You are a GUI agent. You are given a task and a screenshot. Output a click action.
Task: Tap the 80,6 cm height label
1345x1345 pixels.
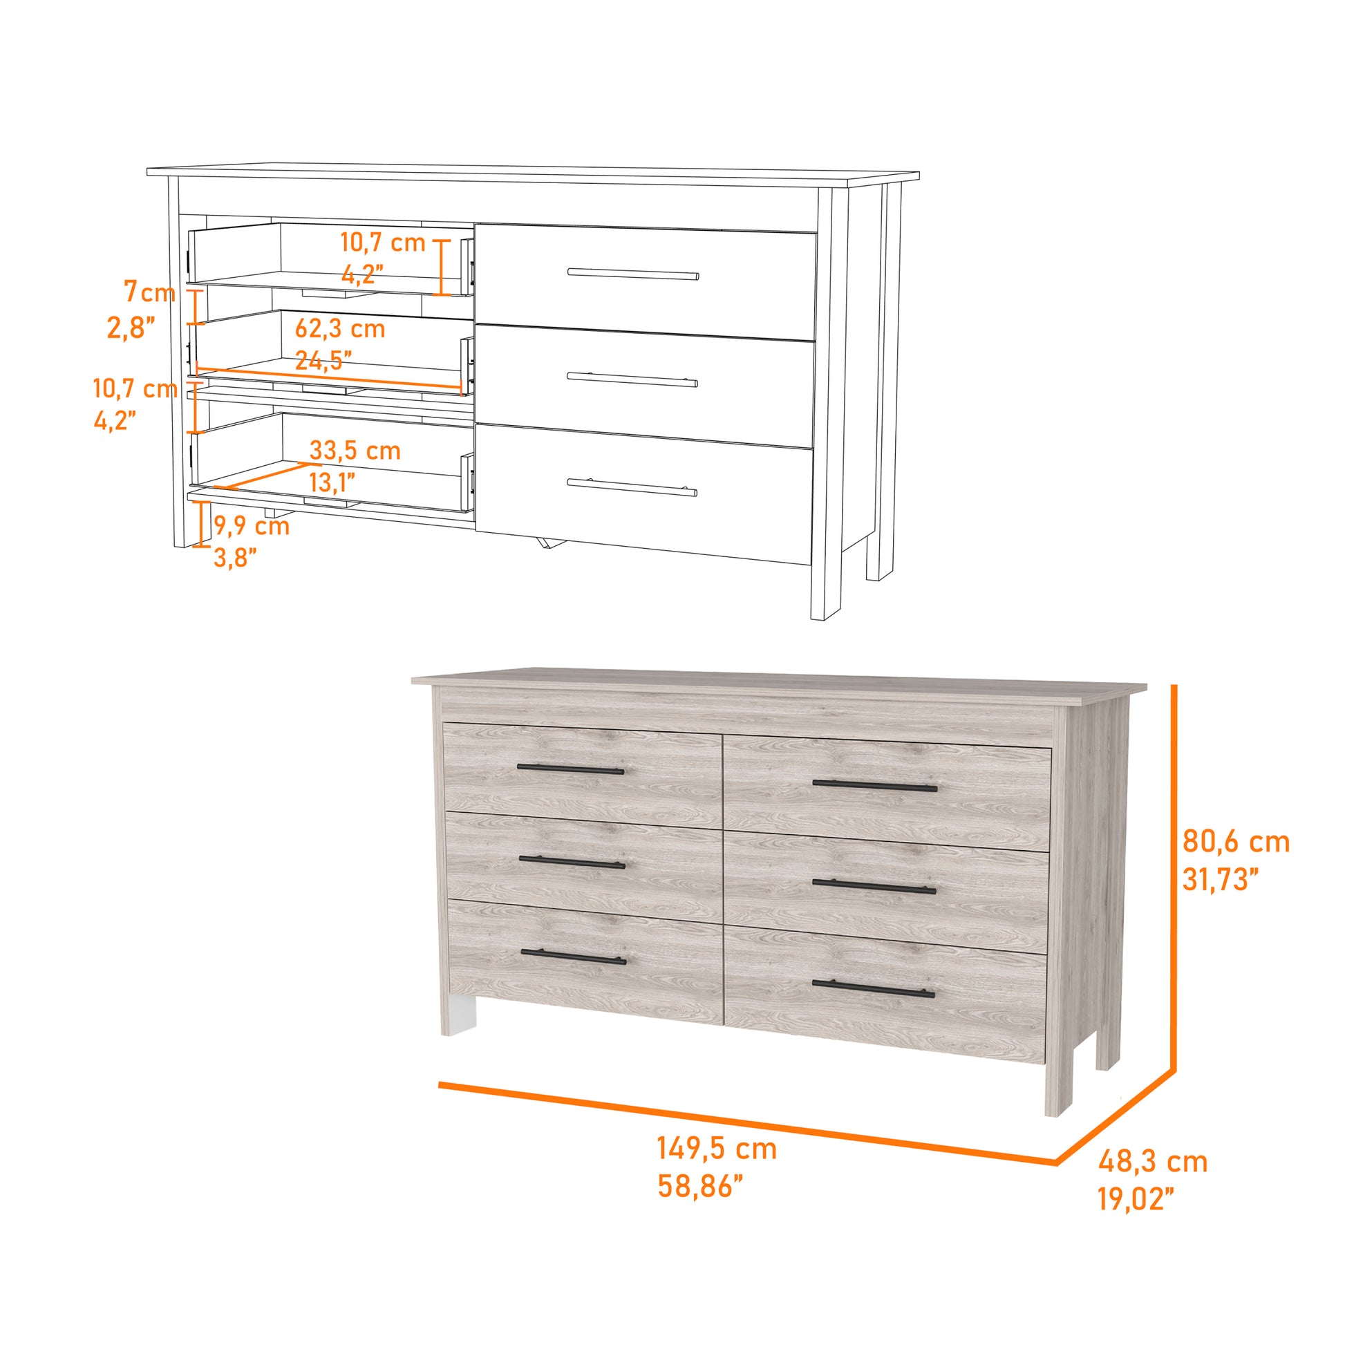pyautogui.click(x=1236, y=842)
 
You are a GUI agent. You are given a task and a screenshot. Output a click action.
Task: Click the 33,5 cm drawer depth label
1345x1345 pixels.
pyautogui.click(x=355, y=451)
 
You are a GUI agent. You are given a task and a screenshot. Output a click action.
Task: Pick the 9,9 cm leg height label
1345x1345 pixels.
pyautogui.click(x=252, y=525)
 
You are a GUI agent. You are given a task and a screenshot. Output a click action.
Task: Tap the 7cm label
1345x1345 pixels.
pyautogui.click(x=150, y=292)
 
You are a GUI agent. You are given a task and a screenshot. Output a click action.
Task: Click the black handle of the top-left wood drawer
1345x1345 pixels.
pyautogui.click(x=571, y=769)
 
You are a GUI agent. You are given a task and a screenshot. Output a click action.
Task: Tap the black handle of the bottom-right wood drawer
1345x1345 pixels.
pyautogui.click(x=874, y=988)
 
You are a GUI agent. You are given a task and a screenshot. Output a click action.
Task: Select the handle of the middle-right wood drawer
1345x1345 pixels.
pyautogui.click(x=874, y=885)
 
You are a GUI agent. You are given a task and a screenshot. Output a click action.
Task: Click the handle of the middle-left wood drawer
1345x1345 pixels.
pyautogui.click(x=572, y=862)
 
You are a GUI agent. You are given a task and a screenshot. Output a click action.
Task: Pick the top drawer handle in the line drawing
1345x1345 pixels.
pyautogui.click(x=634, y=273)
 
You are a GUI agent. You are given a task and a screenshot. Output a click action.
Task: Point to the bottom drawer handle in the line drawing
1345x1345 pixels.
pyautogui.click(x=632, y=487)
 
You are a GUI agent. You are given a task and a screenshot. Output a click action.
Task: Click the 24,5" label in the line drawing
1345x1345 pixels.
pyautogui.click(x=323, y=360)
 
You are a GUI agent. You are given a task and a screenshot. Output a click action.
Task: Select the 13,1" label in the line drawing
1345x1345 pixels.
pyautogui.click(x=332, y=482)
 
